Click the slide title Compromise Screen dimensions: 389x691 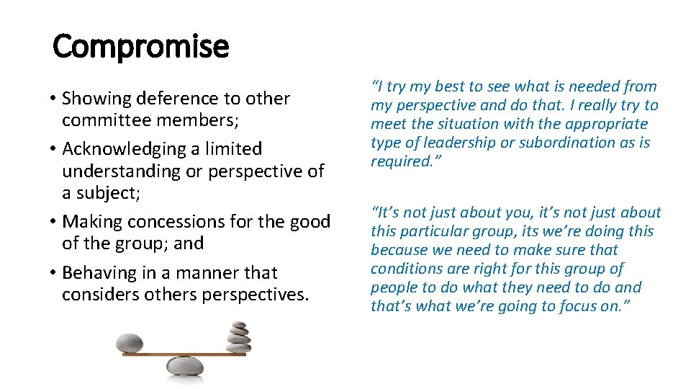(x=141, y=47)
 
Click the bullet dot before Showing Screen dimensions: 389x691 (x=54, y=99)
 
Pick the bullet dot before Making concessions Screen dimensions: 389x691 (x=54, y=223)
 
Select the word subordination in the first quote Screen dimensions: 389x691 (x=565, y=143)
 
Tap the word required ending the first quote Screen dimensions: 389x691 (x=399, y=161)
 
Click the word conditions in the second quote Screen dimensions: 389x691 (x=404, y=269)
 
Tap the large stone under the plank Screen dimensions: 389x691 (x=186, y=367)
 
